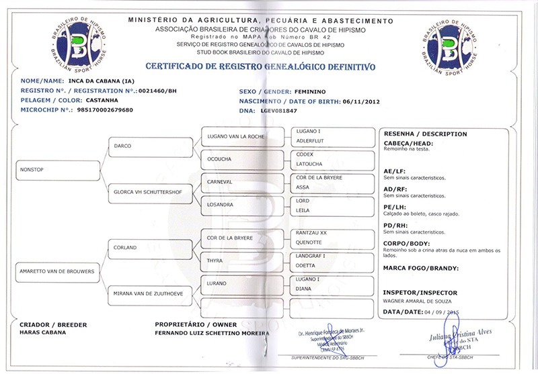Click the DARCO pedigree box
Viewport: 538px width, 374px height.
point(152,144)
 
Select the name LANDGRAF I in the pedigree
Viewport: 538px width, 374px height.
point(311,255)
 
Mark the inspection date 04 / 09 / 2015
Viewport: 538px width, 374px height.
point(447,313)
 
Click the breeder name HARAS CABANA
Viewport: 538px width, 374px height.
point(43,332)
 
